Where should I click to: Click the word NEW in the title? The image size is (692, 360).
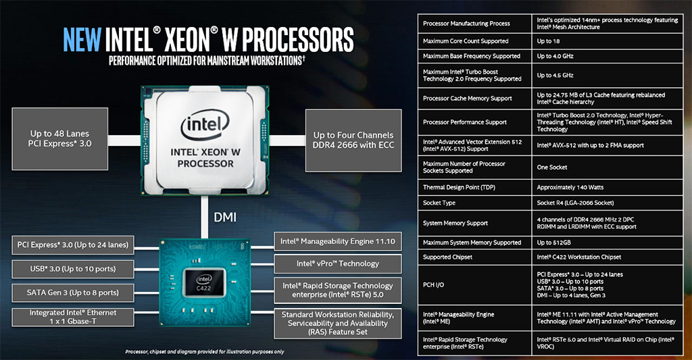82,40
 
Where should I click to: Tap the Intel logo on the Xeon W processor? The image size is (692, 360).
205,125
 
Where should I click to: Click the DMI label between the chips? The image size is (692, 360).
225,217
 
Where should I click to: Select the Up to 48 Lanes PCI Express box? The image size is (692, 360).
60,138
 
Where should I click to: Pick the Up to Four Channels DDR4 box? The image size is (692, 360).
353,140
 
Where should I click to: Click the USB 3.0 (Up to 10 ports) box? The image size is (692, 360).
73,269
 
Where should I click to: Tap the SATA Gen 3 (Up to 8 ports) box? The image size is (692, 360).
73,293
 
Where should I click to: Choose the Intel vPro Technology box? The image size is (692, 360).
338,264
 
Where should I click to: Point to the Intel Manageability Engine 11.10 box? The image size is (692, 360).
338,241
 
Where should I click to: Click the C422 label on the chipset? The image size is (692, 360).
203,288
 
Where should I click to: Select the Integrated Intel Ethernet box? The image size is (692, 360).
73,317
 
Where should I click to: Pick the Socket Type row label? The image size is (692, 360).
439,203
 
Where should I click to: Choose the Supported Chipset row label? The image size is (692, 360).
447,257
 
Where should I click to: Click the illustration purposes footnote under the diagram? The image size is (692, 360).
205,352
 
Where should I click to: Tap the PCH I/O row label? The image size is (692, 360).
433,285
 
